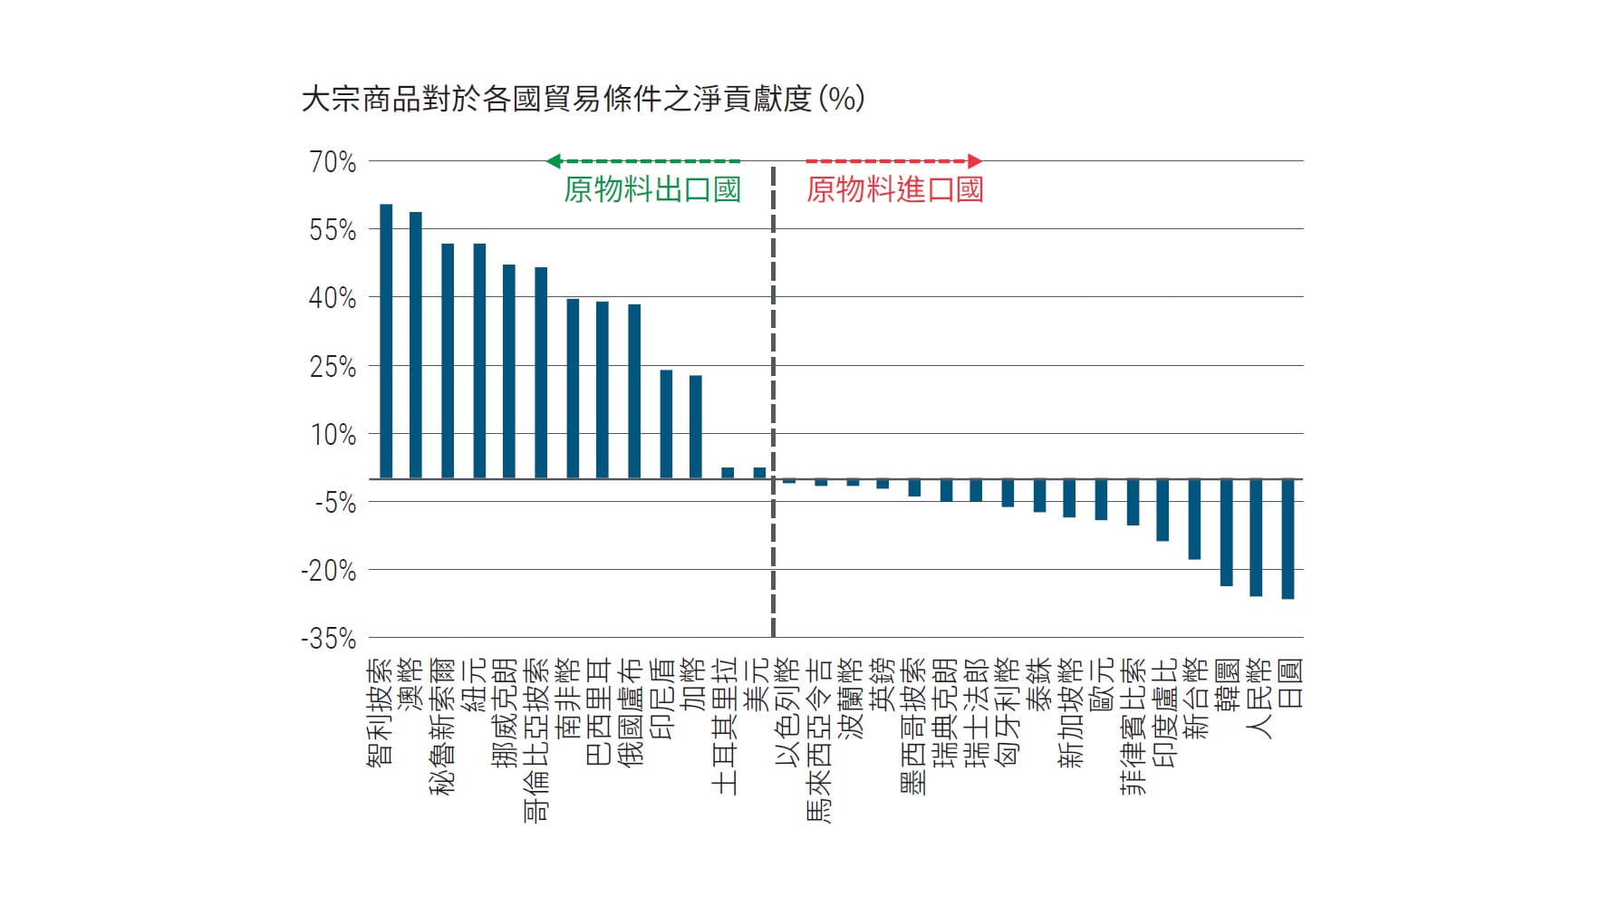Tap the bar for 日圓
click(x=1288, y=538)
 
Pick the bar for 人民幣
click(x=1256, y=536)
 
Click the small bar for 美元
click(x=759, y=473)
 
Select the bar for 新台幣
click(x=1194, y=518)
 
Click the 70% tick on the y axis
click(x=333, y=162)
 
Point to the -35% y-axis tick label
click(x=328, y=639)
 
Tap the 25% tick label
click(x=333, y=367)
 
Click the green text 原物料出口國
click(x=651, y=189)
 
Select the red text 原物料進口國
click(x=894, y=189)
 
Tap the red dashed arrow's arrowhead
click(x=975, y=161)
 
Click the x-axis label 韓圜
click(x=1226, y=686)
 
